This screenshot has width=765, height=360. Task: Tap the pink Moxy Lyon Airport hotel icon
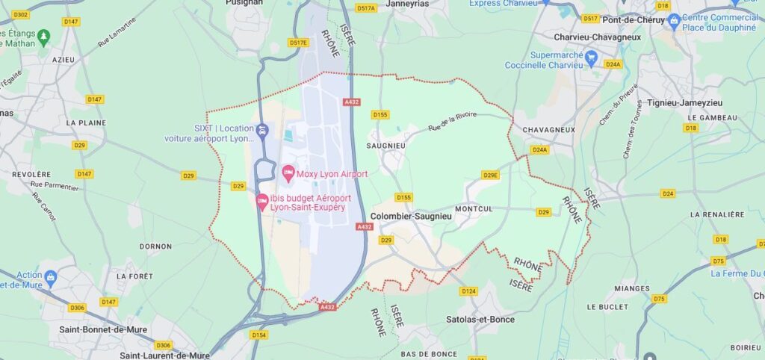[x=288, y=174]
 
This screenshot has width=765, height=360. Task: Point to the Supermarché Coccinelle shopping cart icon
[x=592, y=56]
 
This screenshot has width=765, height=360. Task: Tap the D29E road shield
[x=490, y=175]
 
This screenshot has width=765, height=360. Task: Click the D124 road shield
[x=468, y=291]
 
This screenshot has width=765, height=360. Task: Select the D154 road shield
[x=259, y=335]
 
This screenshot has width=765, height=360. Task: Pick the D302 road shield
[x=21, y=15]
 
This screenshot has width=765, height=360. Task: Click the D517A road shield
[x=366, y=8]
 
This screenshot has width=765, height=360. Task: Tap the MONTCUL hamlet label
[x=474, y=209]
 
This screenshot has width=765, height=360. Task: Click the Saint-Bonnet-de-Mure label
[x=102, y=329]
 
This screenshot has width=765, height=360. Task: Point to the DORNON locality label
[x=155, y=246]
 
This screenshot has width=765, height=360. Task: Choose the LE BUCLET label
[x=606, y=307]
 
